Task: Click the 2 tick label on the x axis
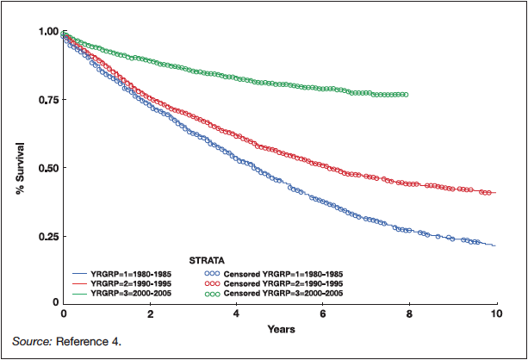click(x=150, y=315)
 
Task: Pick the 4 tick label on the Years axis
click(x=236, y=315)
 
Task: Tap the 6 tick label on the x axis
click(x=323, y=315)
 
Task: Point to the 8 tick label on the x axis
click(x=409, y=315)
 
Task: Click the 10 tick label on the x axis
click(x=495, y=315)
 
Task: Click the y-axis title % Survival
click(x=18, y=168)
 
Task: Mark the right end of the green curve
click(x=407, y=95)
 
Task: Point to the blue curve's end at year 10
click(x=495, y=246)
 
